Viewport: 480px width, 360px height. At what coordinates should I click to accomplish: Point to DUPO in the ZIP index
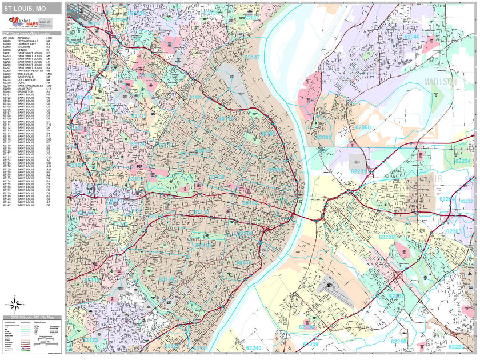click(21, 82)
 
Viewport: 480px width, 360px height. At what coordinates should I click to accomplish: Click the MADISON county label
click(441, 82)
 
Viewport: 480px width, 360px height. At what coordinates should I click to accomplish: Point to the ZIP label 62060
click(362, 127)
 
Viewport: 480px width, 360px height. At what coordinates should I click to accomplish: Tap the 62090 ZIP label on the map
click(324, 138)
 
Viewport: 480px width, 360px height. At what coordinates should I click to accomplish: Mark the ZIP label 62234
click(463, 161)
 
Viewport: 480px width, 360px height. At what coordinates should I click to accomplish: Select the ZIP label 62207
click(395, 295)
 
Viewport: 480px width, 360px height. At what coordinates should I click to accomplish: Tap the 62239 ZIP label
click(310, 345)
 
